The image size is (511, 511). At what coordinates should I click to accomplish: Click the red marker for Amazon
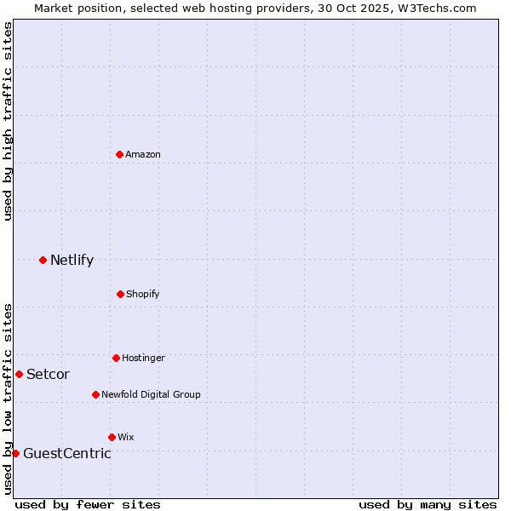119,154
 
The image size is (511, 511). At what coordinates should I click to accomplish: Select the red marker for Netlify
43,260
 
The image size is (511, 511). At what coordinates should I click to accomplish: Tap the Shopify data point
120,294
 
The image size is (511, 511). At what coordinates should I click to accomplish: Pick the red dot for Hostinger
116,358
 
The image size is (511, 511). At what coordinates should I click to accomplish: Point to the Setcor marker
19,374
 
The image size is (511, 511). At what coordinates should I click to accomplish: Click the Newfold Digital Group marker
95,394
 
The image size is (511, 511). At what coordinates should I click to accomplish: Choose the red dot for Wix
112,437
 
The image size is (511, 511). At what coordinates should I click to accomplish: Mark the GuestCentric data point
15,453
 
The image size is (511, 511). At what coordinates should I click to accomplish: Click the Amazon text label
143,154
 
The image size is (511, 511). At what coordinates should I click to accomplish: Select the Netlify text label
72,261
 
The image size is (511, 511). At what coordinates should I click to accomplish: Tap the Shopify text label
143,294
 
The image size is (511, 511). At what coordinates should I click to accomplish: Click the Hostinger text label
143,358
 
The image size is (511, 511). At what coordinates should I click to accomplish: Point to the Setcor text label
48,375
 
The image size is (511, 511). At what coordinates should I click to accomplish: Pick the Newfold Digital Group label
151,394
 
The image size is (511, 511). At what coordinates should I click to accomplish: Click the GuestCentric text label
66,454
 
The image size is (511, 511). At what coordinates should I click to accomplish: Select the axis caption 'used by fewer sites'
88,504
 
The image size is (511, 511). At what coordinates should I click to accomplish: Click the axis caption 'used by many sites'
428,504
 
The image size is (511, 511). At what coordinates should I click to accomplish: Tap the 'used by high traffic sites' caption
8,121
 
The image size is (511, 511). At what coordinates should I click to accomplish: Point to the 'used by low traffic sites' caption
8,398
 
